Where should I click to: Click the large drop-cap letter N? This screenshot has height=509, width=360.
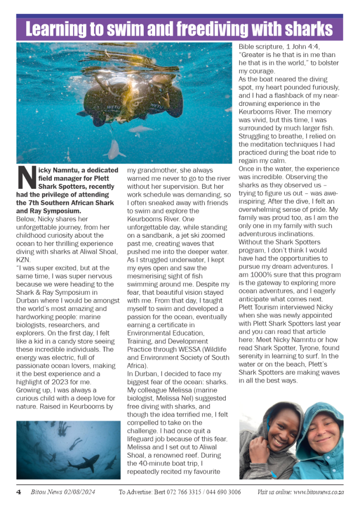(26, 178)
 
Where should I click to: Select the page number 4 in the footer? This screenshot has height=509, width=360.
(18, 492)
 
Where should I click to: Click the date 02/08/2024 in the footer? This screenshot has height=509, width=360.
(78, 492)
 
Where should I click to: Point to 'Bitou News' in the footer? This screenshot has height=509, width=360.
(43, 492)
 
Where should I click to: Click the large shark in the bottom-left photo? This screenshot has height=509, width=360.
(85, 464)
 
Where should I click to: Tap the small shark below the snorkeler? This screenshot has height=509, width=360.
(116, 148)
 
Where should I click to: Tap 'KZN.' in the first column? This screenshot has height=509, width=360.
(23, 259)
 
